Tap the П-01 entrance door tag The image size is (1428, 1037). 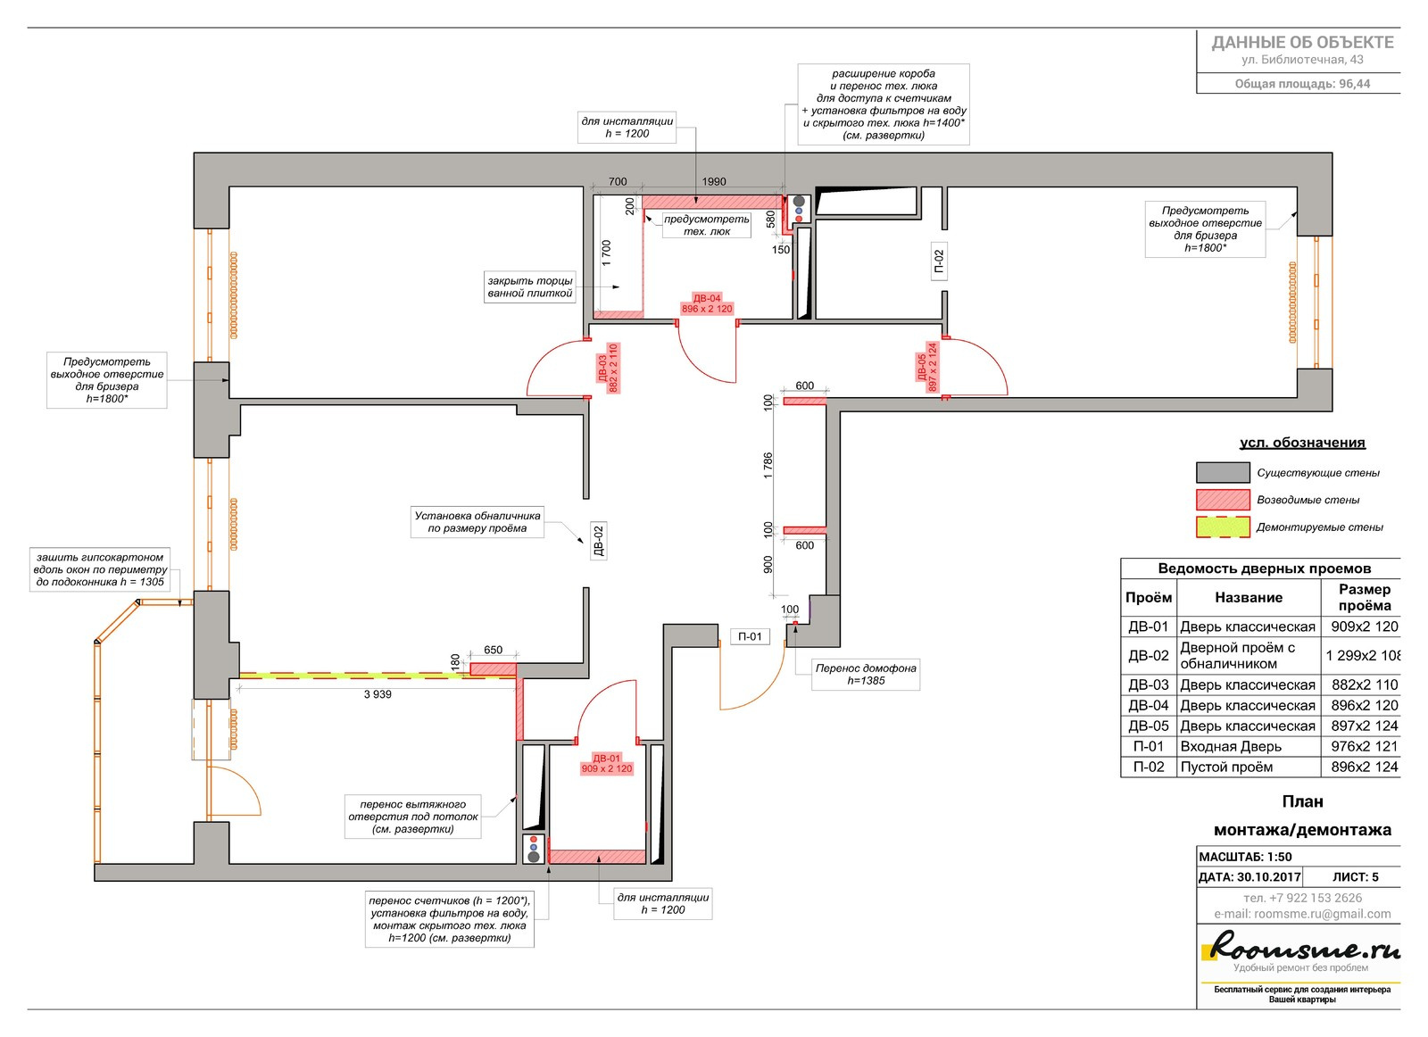pos(750,636)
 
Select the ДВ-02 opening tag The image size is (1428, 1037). pos(598,541)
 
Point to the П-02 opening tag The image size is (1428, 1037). pos(938,261)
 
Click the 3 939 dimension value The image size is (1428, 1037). pos(378,694)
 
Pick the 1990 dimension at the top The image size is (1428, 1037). pos(713,182)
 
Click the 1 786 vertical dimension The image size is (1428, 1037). pos(768,465)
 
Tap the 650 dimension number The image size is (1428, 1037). pos(493,650)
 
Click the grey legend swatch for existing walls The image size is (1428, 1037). pos(1222,472)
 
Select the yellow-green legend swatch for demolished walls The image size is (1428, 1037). pos(1222,527)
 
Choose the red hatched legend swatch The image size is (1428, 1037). pos(1222,500)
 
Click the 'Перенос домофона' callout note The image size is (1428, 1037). pos(865,674)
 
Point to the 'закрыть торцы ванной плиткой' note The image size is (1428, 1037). pos(530,286)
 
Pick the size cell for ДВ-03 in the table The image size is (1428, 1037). pos(1364,685)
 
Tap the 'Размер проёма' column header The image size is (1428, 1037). pos(1364,597)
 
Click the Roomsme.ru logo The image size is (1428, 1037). pos(1299,947)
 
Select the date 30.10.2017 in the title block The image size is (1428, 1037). pos(1267,877)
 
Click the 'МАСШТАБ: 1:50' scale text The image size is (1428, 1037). pos(1245,857)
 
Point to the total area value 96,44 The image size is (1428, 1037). pos(1354,84)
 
